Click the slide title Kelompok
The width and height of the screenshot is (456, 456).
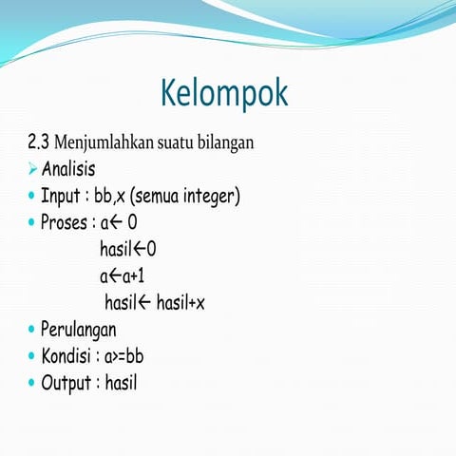(x=224, y=93)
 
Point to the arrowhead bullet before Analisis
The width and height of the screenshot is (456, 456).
(x=32, y=170)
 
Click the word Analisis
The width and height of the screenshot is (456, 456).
(x=68, y=170)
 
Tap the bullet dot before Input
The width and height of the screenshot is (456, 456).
(x=31, y=198)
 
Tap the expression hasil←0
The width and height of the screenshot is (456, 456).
(x=127, y=250)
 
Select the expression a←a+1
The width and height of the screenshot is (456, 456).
(x=122, y=276)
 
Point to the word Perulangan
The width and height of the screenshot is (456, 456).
(x=79, y=331)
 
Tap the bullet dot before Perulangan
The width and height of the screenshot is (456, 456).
(x=31, y=331)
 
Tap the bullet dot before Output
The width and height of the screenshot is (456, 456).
(x=31, y=384)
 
